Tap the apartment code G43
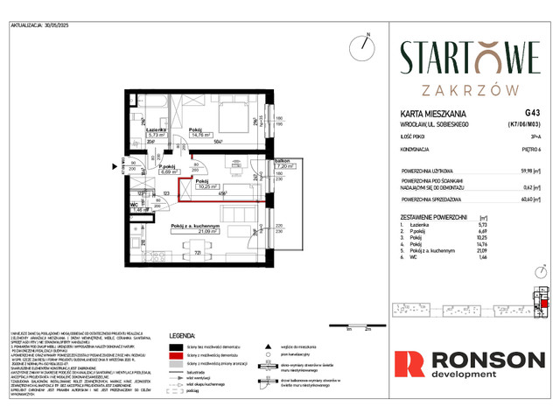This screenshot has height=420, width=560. coord(532,113)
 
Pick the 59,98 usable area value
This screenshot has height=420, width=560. coord(528,172)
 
